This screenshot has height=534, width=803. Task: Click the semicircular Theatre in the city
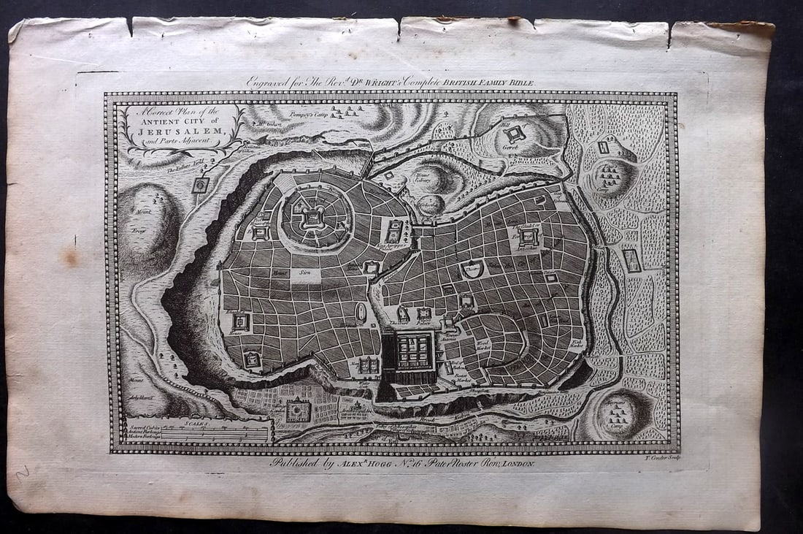point(472,270)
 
